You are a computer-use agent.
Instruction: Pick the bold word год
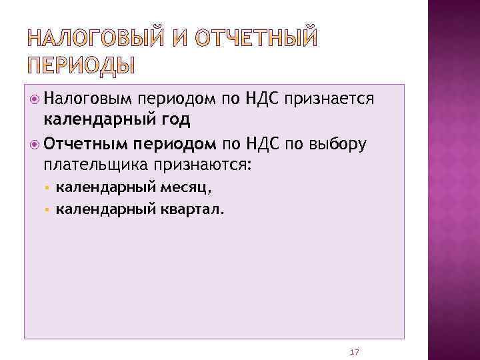click(175, 120)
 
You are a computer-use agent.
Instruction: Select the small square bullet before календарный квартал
click(47, 210)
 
